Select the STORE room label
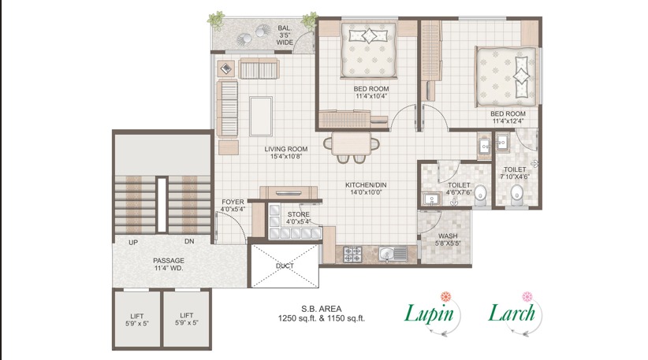coord(298,213)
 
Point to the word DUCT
coord(285,265)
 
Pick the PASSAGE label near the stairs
coord(169,260)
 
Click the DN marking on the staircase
coord(189,241)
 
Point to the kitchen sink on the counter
coord(389,254)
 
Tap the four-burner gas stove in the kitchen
coord(352,254)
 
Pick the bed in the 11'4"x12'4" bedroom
coord(507,76)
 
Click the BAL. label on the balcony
coord(285,28)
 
